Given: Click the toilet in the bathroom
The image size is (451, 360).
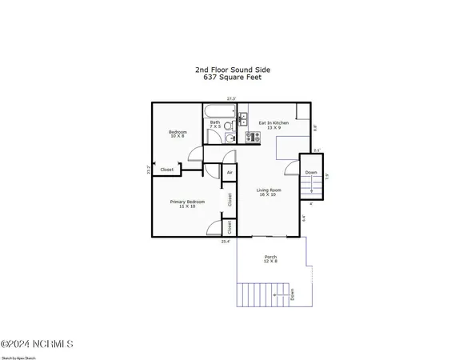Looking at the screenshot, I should pos(229,137).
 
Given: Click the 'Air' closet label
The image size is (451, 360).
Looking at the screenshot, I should pos(229,172).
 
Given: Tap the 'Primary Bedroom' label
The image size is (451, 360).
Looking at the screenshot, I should pos(187,202).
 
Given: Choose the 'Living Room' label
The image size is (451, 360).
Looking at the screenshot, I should pos(269,190).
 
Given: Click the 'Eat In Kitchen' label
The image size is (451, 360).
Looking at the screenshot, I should pos(273,123).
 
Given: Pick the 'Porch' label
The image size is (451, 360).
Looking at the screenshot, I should pos(271,257).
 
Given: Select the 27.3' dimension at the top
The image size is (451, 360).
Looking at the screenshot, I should pos(231,98).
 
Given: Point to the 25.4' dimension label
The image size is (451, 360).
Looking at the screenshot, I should pos(226,241).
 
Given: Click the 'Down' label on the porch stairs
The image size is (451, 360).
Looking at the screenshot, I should pos(292,294).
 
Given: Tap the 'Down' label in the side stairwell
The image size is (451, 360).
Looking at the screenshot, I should pos(311,172).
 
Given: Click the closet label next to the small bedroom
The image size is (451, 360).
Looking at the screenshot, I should pos(167,170).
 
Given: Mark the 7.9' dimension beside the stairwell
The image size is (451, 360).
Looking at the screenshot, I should pos(326,178).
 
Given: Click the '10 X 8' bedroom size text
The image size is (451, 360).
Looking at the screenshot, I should pos(177,136).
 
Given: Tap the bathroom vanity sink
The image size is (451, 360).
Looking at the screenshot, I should pos(241,122).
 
